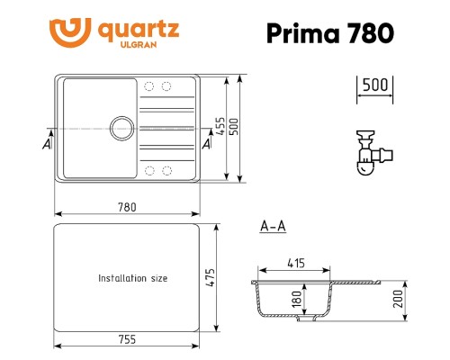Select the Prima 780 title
click(329, 33)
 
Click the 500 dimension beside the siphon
click(374, 85)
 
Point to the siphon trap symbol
click(368, 152)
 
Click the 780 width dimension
click(127, 207)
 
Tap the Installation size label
click(133, 279)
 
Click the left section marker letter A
click(45, 143)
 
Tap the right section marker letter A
click(207, 143)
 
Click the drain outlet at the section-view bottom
click(307, 317)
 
